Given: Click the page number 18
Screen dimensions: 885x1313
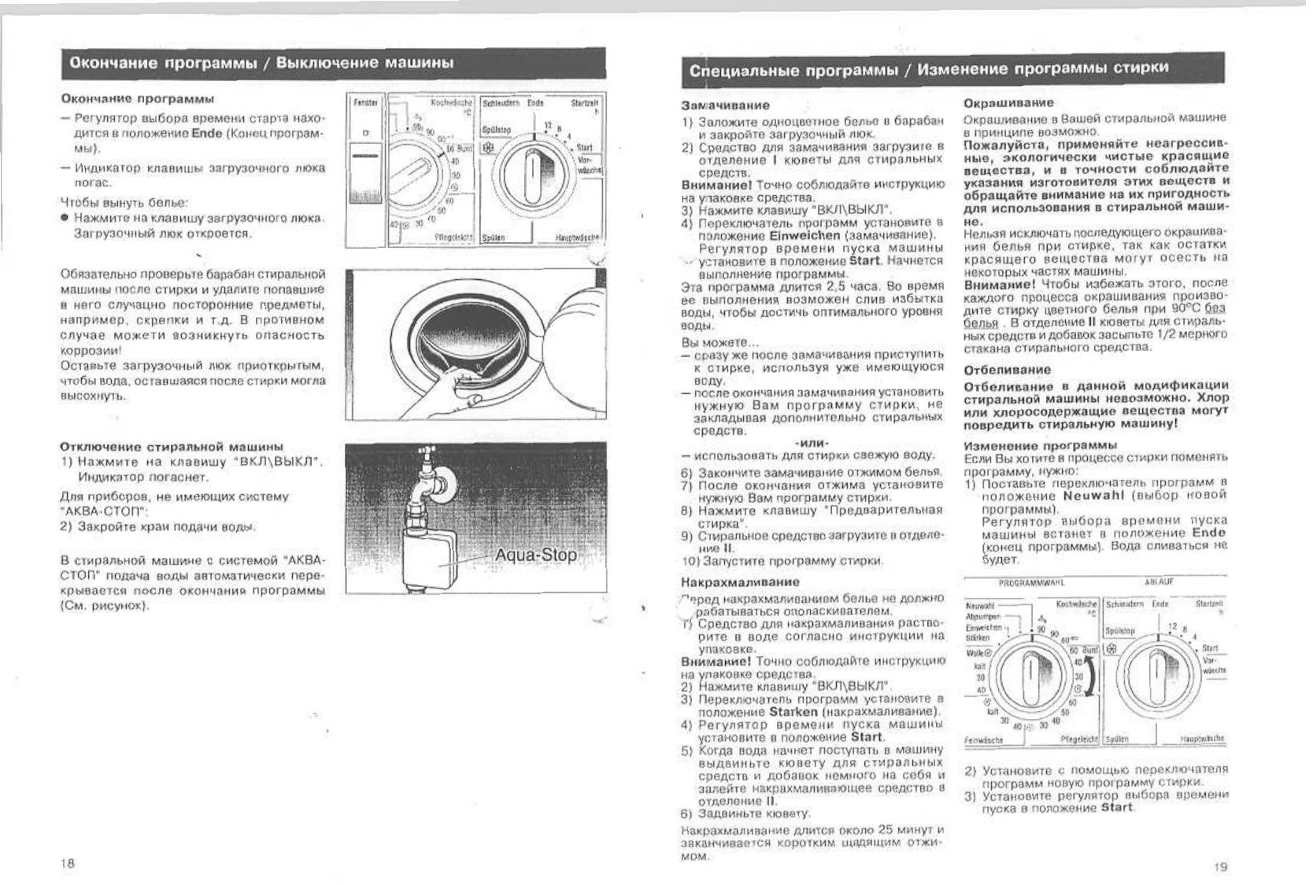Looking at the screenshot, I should (68, 863).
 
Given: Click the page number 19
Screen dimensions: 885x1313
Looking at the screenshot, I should (1220, 867).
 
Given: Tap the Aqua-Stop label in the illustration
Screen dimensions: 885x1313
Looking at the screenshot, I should (535, 555).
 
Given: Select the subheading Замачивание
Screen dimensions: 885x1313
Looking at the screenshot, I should (725, 105).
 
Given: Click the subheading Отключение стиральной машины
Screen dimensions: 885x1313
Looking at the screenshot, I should (172, 446).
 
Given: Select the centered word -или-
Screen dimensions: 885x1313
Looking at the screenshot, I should (812, 443).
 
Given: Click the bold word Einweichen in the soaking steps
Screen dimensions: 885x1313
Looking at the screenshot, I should (805, 235).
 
